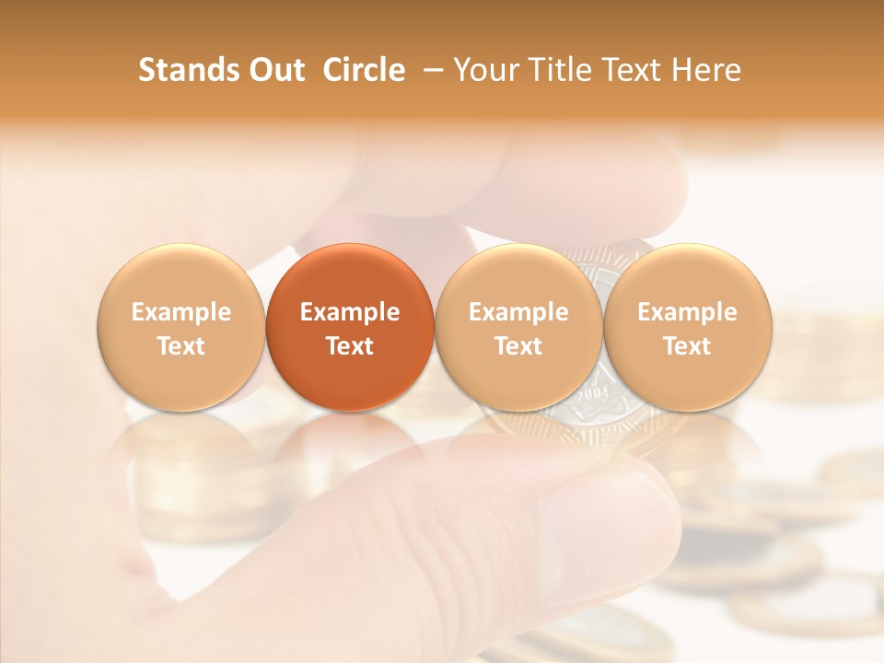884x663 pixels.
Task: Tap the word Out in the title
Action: coord(275,70)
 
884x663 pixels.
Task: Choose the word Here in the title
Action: coord(706,70)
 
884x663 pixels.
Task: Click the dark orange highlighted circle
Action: coord(350,328)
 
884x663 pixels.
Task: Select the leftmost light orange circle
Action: coord(181,328)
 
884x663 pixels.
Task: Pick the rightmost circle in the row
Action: coord(687,328)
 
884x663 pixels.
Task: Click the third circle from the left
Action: coord(518,328)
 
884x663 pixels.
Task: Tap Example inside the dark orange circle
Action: coord(350,312)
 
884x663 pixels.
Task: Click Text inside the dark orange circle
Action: coord(350,346)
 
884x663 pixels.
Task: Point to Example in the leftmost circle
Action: coord(181,312)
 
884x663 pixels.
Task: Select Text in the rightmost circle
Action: coord(687,346)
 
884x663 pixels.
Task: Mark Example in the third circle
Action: coord(518,312)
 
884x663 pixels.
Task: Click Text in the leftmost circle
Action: coord(181,346)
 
